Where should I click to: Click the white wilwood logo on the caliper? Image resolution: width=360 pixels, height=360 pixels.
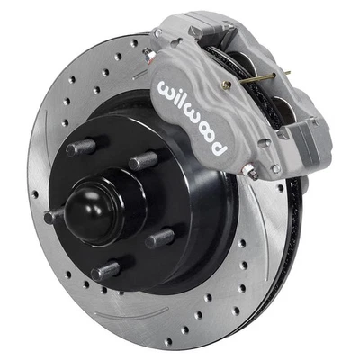coord(194,113)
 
